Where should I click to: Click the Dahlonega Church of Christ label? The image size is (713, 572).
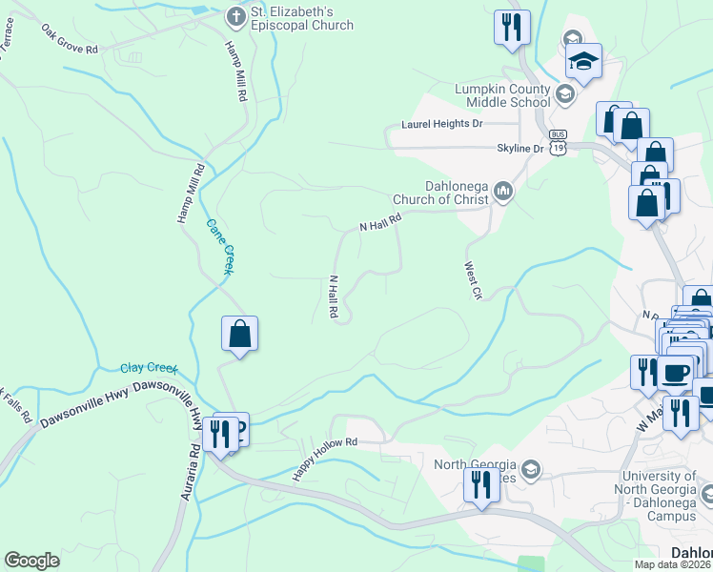pyautogui.click(x=440, y=194)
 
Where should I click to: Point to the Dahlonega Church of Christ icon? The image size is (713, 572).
pyautogui.click(x=503, y=193)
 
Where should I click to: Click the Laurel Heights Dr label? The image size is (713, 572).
pyautogui.click(x=442, y=124)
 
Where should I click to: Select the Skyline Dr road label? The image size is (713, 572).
pyautogui.click(x=519, y=149)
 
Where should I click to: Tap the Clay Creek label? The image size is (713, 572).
pyautogui.click(x=150, y=368)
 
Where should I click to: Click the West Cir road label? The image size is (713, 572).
pyautogui.click(x=473, y=281)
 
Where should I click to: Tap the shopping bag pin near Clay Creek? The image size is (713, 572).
pyautogui.click(x=239, y=335)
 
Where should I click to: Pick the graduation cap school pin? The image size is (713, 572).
pyautogui.click(x=583, y=62)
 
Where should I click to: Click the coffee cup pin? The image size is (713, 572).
pyautogui.click(x=677, y=373)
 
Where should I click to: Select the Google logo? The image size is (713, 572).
pyautogui.click(x=31, y=561)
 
